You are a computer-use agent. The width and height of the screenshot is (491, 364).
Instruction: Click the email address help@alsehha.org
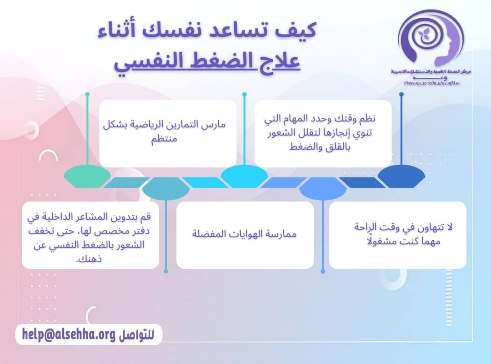coord(68,335)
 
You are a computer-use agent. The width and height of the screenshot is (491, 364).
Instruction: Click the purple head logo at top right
coord(430,39)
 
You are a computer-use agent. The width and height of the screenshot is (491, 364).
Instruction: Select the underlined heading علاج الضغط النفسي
coord(207,61)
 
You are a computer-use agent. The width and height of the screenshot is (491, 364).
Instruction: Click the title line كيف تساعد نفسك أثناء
coord(207,32)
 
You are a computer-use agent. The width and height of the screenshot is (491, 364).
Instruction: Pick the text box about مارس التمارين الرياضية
coord(168,133)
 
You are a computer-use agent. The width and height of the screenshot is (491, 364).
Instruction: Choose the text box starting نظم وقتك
coord(323,133)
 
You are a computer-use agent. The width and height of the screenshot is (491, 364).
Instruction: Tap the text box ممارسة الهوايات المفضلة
coord(245,235)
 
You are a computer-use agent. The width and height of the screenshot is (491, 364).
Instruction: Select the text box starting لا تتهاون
coord(397,235)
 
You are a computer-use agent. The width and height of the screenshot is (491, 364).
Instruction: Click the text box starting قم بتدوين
coord(90,235)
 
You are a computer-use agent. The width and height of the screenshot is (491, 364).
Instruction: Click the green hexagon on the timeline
coord(87,177)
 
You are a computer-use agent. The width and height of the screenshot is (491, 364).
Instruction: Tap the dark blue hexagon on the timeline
coord(401,177)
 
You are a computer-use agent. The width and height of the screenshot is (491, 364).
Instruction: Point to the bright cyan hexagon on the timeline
coord(244,177)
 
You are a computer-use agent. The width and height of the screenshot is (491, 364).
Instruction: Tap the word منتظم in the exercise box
coord(164,139)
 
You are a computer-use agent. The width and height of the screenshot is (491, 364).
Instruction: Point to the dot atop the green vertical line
coord(87,95)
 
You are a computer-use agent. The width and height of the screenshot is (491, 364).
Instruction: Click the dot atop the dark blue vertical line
coord(401,95)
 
